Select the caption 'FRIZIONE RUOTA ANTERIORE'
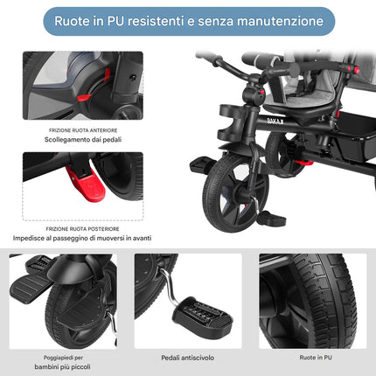pyautogui.click(x=83, y=130)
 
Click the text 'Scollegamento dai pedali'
pyautogui.click(x=83, y=140)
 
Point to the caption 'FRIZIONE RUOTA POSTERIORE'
pyautogui.click(x=82, y=229)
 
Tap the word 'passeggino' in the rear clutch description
pyautogui.click(x=70, y=239)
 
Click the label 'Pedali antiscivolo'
pyautogui.click(x=188, y=358)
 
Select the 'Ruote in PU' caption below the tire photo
pyautogui.click(x=316, y=358)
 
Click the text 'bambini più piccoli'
pyautogui.click(x=62, y=367)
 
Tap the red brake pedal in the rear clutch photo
pyautogui.click(x=86, y=183)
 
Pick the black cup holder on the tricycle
pyautogui.click(x=230, y=122)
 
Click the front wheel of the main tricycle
pyautogui.click(x=234, y=193)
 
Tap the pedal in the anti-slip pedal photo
pyautogui.click(x=203, y=316)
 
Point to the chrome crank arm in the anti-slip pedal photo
pyautogui.click(x=169, y=287)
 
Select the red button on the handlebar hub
pyautogui.click(x=261, y=92)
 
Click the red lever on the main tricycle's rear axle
pyautogui.click(x=303, y=163)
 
